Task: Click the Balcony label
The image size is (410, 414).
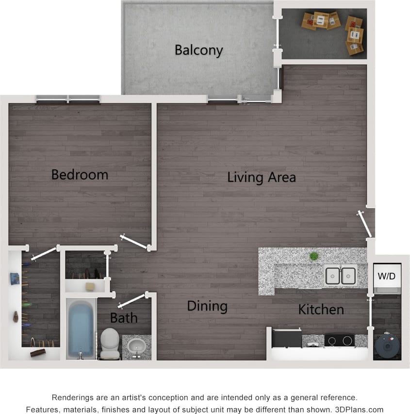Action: [198, 50]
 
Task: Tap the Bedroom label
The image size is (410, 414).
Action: [80, 174]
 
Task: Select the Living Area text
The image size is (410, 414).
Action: [261, 177]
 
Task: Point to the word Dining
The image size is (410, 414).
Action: [207, 306]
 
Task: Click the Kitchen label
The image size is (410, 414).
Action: [321, 310]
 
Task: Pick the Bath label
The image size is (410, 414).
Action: [123, 318]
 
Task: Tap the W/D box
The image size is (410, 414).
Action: [387, 276]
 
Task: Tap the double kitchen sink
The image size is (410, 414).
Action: [341, 275]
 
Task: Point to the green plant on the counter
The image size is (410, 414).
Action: [314, 256]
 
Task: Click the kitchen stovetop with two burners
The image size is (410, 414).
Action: [338, 340]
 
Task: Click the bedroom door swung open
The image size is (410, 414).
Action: [134, 242]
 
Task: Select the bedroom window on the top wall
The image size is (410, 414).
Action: [68, 99]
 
